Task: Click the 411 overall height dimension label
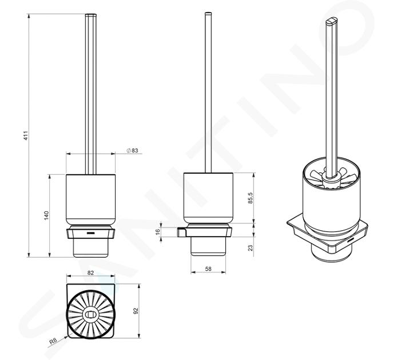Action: [x=26, y=135]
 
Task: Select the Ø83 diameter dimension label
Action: [x=133, y=150]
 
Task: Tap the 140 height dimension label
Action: [x=46, y=215]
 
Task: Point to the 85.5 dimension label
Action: [x=250, y=198]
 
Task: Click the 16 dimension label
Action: [x=158, y=232]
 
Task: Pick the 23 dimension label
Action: [x=250, y=248]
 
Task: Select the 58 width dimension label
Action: [x=208, y=269]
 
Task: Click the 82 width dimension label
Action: [x=90, y=273]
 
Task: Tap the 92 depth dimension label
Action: [x=136, y=311]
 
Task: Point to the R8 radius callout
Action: [x=53, y=341]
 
